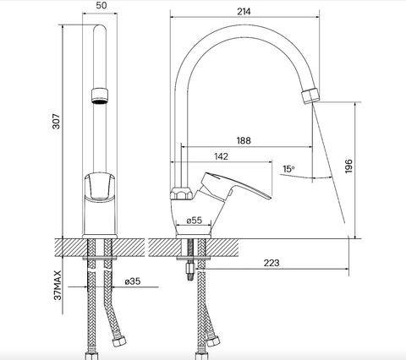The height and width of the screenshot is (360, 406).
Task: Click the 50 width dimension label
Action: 101,5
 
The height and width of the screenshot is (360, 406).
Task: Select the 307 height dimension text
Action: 57,122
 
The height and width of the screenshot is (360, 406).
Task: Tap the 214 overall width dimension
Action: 244,12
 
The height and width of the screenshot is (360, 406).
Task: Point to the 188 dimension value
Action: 244,140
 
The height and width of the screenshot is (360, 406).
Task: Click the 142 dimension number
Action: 221,156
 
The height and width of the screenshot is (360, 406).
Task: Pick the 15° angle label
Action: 288,169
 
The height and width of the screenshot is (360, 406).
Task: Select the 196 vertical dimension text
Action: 348,166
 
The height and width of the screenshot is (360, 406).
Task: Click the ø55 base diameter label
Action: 195,220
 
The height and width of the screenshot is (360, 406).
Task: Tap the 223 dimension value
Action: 272,263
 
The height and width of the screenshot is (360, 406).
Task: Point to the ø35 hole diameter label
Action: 133,281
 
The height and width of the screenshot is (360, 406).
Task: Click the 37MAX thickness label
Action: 58,286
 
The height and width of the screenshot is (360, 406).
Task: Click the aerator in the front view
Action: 100,95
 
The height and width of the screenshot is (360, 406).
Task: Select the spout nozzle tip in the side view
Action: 310,95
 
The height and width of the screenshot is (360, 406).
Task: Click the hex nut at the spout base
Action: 181,194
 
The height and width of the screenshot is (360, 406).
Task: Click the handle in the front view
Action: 100,187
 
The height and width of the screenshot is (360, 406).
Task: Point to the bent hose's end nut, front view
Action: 118,341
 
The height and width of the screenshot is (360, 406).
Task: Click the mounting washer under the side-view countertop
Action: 194,258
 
